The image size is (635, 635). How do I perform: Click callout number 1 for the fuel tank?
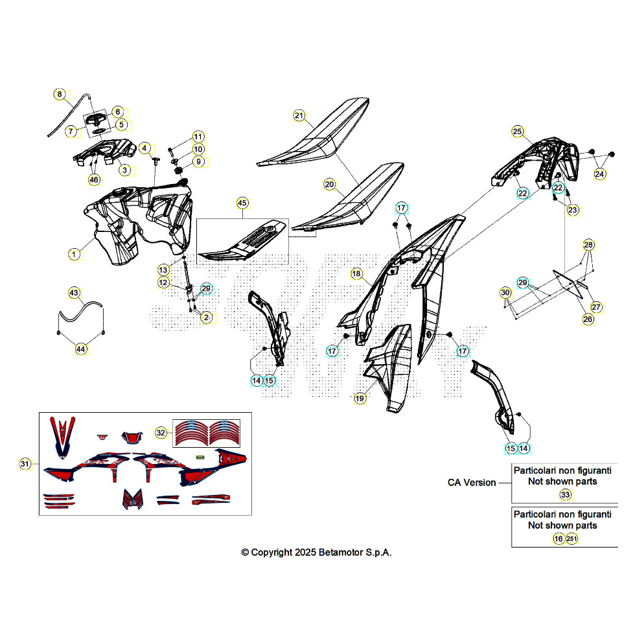pos(74,254)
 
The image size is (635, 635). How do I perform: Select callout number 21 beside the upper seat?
pos(299,115)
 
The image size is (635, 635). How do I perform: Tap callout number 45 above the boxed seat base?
pos(242,203)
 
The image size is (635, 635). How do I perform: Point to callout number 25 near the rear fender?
pos(518,131)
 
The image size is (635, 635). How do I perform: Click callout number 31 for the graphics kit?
pos(25,464)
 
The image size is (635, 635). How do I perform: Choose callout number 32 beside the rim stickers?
pos(161,433)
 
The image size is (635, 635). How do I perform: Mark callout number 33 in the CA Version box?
pos(565,494)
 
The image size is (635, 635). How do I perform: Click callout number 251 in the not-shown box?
pos(571,538)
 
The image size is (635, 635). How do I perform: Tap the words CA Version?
pos(472,482)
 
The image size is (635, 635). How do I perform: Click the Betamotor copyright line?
pos(316,552)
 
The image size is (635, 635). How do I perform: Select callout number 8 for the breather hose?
pos(60,95)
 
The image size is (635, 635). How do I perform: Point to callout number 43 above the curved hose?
pos(74,293)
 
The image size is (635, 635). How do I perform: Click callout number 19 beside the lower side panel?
pos(360,398)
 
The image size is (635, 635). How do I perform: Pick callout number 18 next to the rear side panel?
pos(356,273)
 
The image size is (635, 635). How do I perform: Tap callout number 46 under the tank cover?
pos(94,180)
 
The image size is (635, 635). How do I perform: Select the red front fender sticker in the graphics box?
pos(62,437)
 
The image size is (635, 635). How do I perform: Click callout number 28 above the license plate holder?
pos(588,245)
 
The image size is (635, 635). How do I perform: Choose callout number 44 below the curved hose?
pos(81,349)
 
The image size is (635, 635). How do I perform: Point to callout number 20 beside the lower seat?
pos(330,185)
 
